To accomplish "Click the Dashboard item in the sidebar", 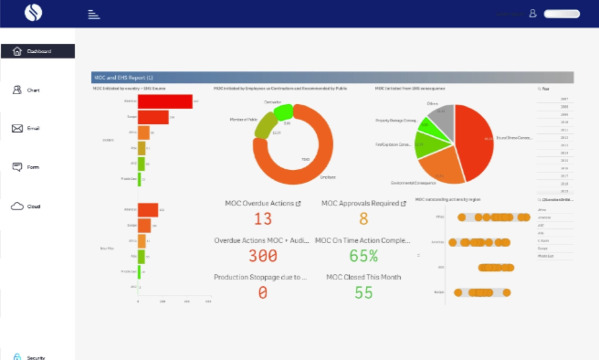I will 37,52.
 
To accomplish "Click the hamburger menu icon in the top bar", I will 93,14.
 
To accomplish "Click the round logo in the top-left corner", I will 32,14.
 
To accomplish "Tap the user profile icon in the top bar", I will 532,14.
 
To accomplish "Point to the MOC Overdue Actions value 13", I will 263,219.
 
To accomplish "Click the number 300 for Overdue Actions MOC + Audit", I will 263,256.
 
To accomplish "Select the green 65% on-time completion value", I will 363,256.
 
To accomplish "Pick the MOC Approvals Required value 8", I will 363,219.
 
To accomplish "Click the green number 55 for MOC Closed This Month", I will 363,292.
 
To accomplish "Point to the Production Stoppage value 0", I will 263,292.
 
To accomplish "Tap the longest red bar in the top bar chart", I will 164,101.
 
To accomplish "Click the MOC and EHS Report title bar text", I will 124,78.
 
